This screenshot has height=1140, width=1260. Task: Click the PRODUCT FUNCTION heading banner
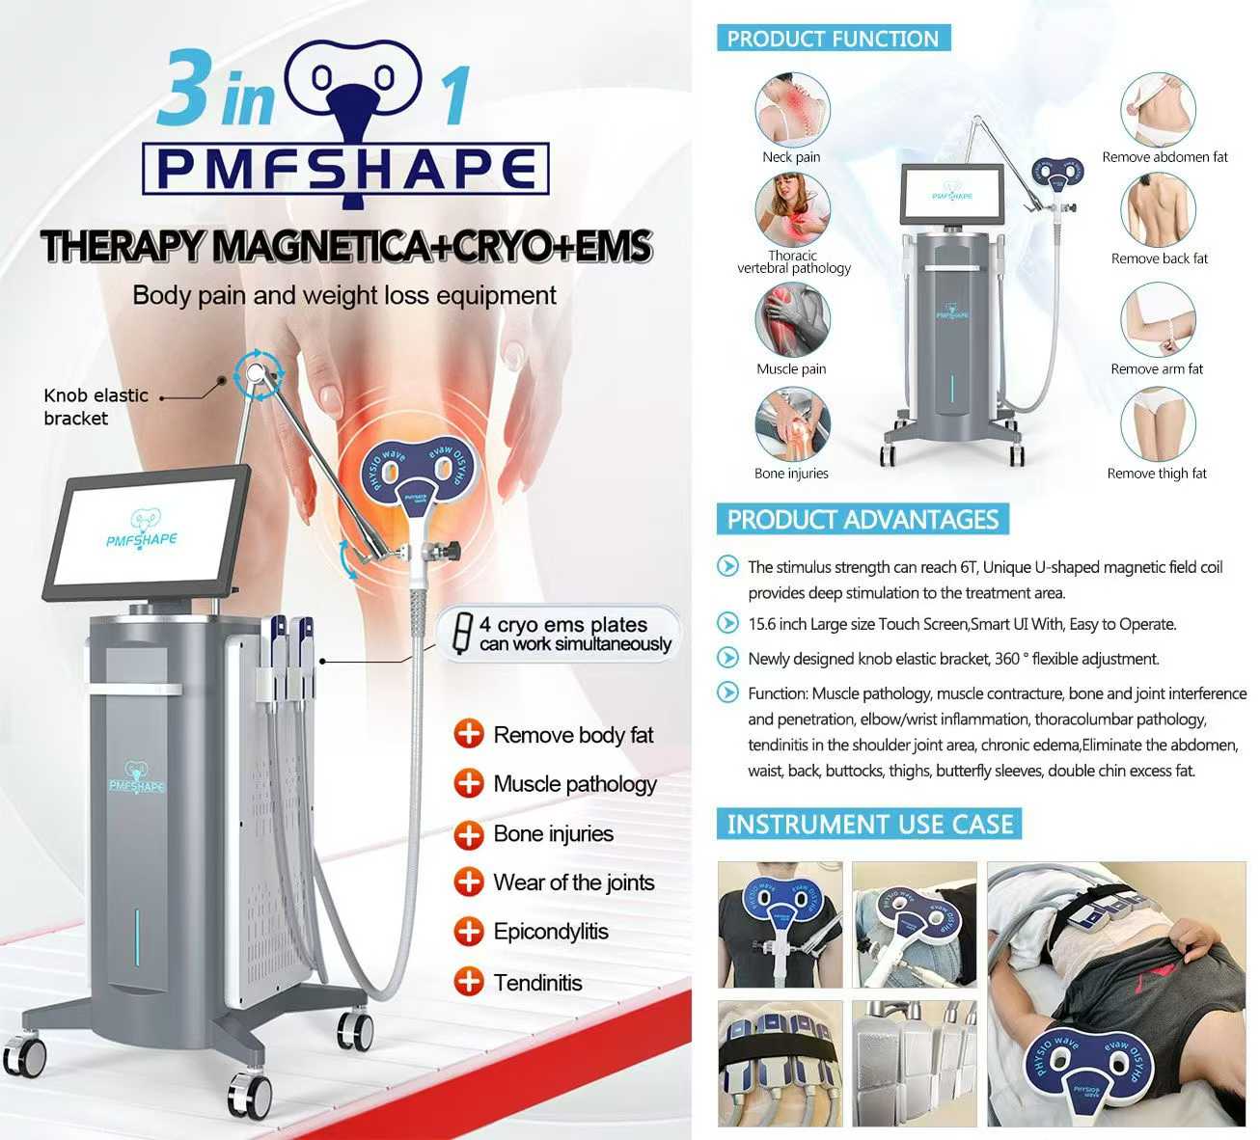click(833, 39)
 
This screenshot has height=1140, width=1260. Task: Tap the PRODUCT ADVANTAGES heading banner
click(863, 520)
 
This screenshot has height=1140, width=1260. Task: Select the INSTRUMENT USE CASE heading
click(869, 824)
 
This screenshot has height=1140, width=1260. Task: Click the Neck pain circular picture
click(792, 109)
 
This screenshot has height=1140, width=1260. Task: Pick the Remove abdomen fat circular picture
click(1158, 109)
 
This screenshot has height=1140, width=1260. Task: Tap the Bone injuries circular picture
click(792, 424)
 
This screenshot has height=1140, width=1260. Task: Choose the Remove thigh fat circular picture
click(1158, 424)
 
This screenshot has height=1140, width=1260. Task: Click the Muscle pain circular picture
click(792, 319)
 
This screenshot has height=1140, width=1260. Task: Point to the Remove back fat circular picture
click(1158, 210)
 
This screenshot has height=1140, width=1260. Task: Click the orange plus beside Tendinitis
click(469, 982)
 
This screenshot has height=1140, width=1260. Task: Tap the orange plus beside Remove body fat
click(469, 734)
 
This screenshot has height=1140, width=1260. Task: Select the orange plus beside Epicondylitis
click(469, 931)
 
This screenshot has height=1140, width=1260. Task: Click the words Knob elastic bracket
click(96, 406)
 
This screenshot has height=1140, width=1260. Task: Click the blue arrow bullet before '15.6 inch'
click(727, 623)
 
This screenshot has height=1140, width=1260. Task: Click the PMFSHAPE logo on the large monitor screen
click(142, 530)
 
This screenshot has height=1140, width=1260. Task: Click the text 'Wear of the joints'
click(573, 882)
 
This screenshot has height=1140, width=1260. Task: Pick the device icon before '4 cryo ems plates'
click(463, 633)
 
